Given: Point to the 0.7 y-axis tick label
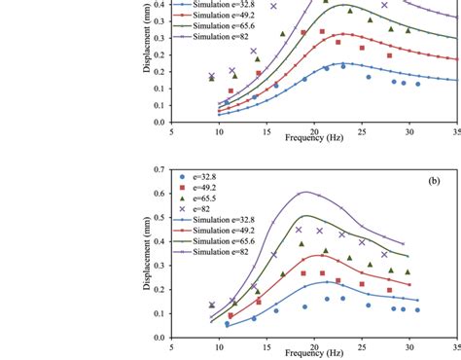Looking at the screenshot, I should click(158, 169).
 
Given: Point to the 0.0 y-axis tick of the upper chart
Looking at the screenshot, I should click(158, 123).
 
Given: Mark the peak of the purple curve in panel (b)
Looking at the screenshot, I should click(306, 192).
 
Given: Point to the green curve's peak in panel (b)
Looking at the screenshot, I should click(308, 216).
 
